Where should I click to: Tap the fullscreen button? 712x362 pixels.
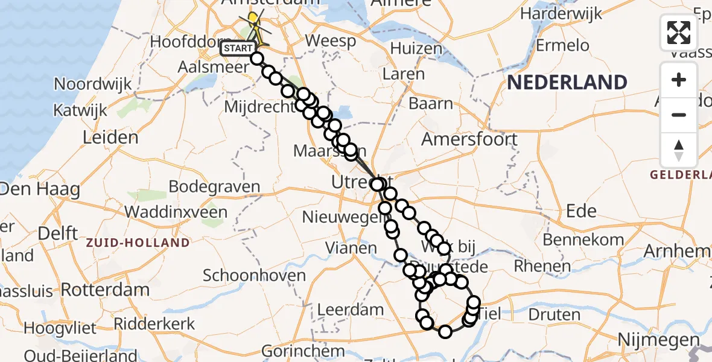[x=679, y=32]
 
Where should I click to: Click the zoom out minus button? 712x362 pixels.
[x=679, y=115]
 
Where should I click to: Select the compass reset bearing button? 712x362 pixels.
[x=679, y=150]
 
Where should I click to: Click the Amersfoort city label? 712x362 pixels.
[x=469, y=139]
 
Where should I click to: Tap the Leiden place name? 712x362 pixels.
[x=110, y=138]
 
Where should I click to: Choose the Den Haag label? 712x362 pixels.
[x=39, y=189]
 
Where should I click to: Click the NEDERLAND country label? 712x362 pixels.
[x=567, y=82]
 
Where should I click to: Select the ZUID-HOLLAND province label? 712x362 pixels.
[x=138, y=243]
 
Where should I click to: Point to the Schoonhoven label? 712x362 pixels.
[x=254, y=276]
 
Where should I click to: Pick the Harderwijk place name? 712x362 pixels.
[x=555, y=13]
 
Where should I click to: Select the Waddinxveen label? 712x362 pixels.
[x=176, y=212]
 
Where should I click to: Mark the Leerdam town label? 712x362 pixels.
[x=351, y=311]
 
